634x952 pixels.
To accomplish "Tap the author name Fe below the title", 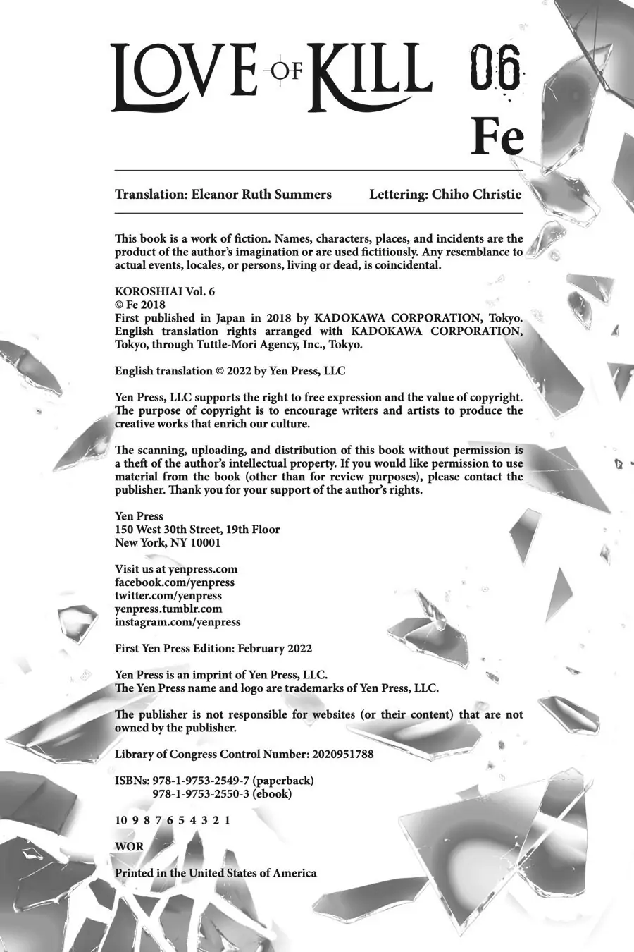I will point(497,137).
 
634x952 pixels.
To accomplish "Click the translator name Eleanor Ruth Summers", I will point(261,194).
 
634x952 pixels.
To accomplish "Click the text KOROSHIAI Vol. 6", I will point(163,291).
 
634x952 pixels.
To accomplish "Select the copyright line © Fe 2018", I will point(140,305).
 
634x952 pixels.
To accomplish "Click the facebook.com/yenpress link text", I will point(175,582).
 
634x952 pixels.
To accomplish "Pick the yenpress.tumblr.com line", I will point(168,609).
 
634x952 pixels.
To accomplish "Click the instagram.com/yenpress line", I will point(178,622).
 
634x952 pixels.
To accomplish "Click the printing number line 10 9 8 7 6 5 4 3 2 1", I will point(173,820).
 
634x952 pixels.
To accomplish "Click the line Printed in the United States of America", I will point(216,873).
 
